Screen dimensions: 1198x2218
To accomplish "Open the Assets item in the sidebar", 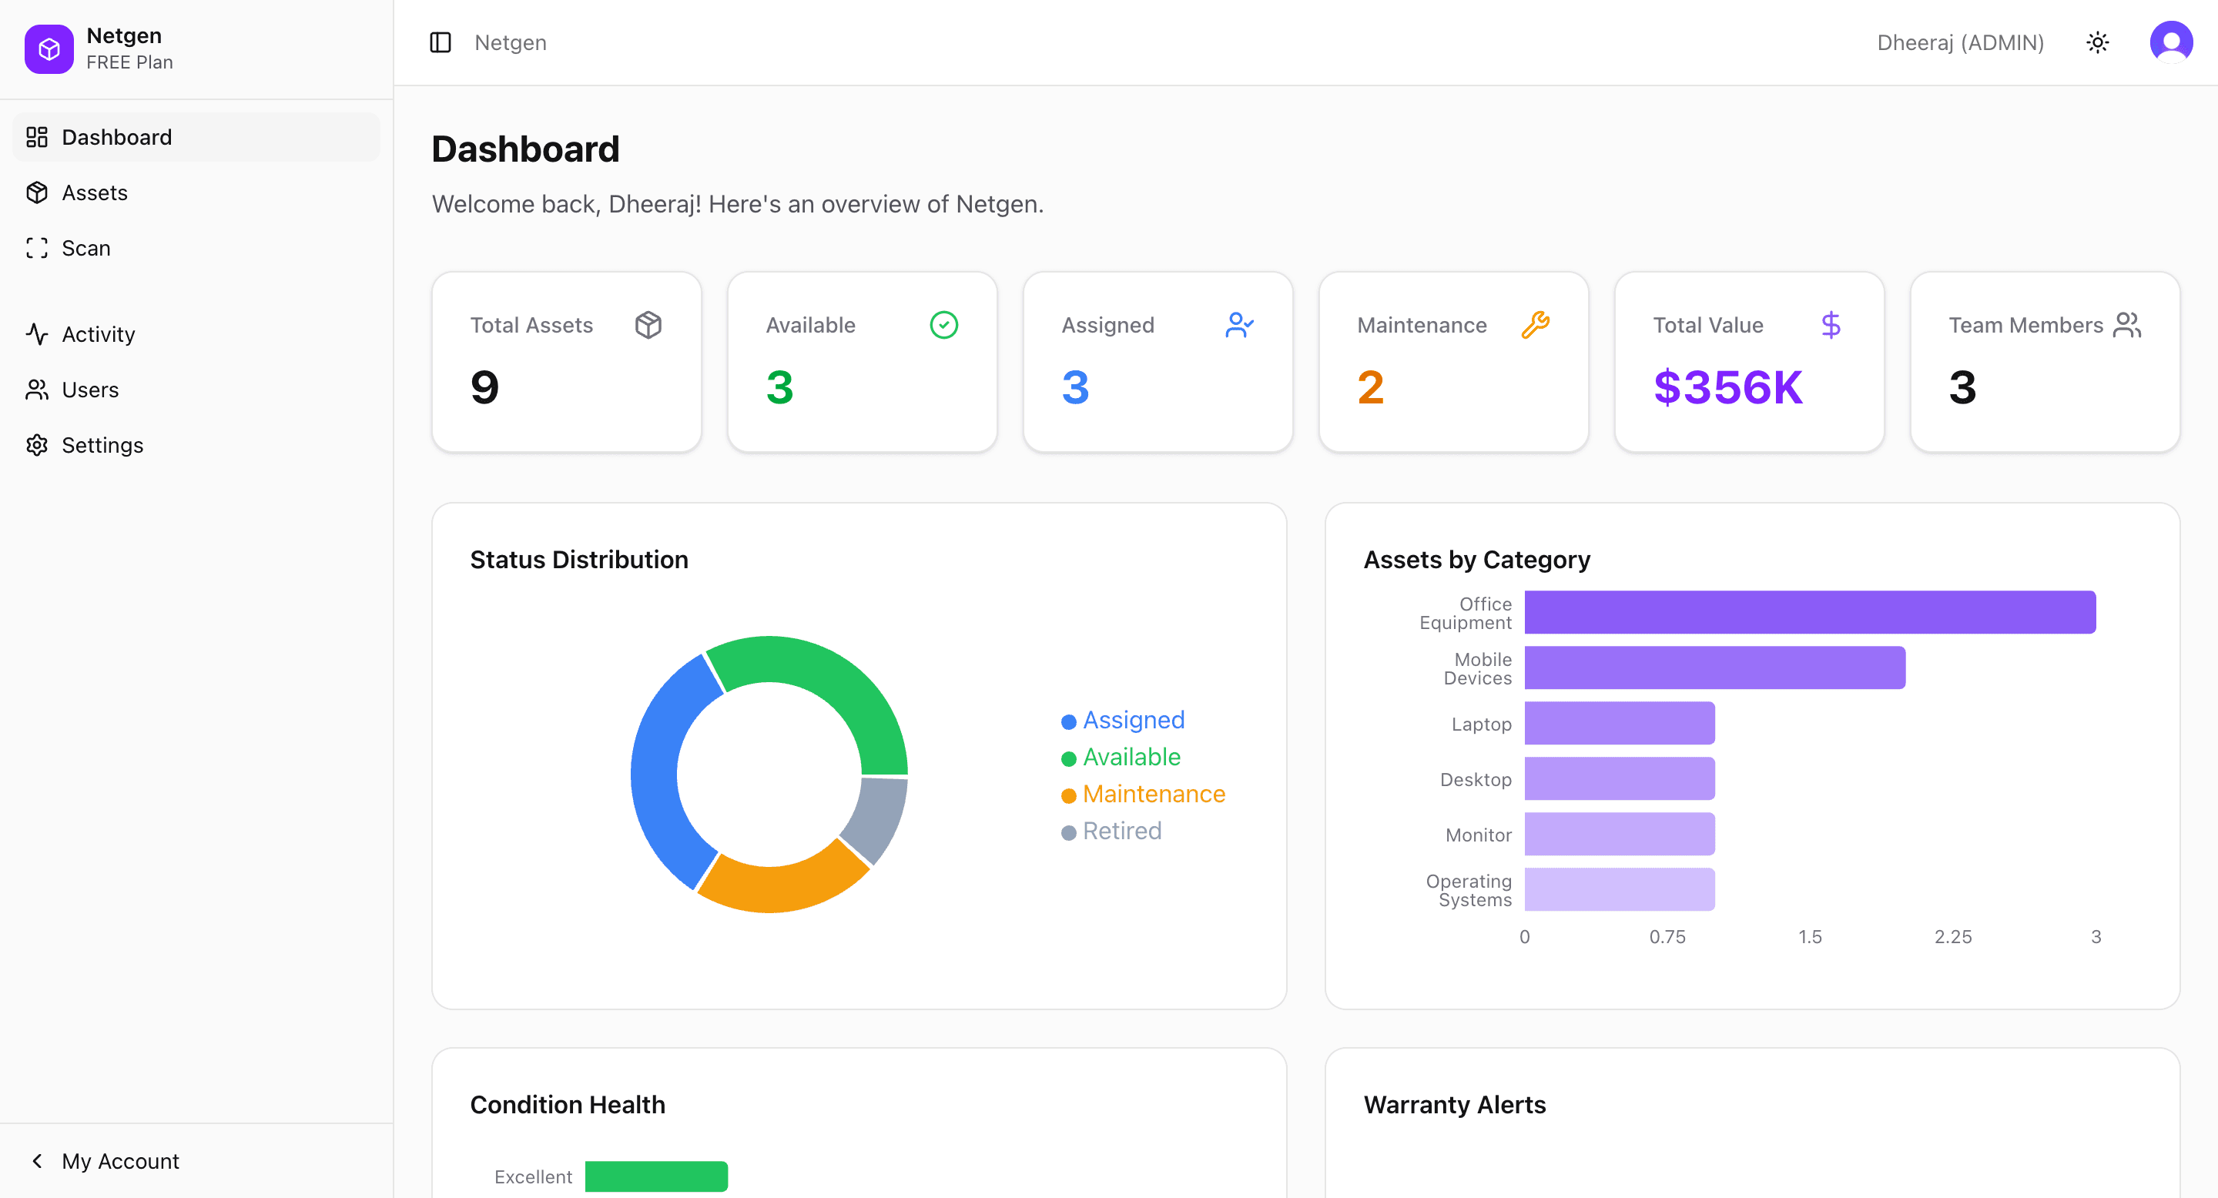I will [x=94, y=192].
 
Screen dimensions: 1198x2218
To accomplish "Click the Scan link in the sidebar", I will [x=85, y=249].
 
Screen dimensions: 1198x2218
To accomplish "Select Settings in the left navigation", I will [x=102, y=445].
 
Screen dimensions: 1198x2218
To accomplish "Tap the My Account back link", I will [x=119, y=1161].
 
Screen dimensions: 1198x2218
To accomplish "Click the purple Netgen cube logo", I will [x=49, y=49].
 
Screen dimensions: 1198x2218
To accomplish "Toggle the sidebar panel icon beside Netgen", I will [x=440, y=42].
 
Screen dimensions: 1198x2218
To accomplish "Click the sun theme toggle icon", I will [x=2097, y=42].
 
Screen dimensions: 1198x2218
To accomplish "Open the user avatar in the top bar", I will [x=2171, y=42].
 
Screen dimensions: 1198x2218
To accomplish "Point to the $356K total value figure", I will [x=1727, y=387].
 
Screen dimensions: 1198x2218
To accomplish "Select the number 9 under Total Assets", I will [x=484, y=387].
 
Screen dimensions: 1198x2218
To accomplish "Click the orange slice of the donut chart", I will [x=779, y=882].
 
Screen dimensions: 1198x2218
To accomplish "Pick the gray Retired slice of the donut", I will [x=876, y=818].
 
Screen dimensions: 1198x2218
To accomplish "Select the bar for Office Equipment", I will [x=1809, y=612].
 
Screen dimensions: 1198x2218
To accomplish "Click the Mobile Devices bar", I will [x=1714, y=668].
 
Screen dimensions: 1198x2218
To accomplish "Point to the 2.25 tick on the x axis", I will [x=1952, y=936].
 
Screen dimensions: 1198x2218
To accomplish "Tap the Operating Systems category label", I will [x=1469, y=890].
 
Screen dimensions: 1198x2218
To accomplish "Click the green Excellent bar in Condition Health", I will [x=656, y=1176].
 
